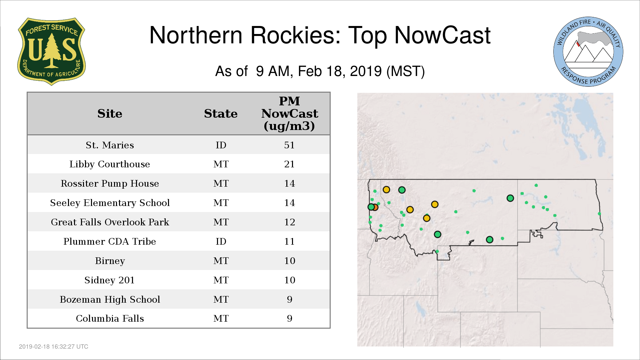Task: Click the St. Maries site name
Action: pyautogui.click(x=110, y=145)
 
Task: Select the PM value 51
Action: pyautogui.click(x=289, y=145)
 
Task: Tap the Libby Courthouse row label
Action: pyautogui.click(x=110, y=164)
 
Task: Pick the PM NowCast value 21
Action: pyautogui.click(x=289, y=164)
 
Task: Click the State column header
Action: pyautogui.click(x=221, y=114)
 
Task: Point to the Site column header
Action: pyautogui.click(x=110, y=114)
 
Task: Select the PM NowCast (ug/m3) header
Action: pyautogui.click(x=289, y=114)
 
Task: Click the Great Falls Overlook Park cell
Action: pyautogui.click(x=110, y=222)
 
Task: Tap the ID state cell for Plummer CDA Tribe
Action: pyautogui.click(x=221, y=241)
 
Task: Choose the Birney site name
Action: pyautogui.click(x=110, y=261)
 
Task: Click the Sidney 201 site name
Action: pyautogui.click(x=110, y=280)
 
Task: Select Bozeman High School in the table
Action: pyautogui.click(x=110, y=299)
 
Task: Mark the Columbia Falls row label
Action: pyautogui.click(x=110, y=318)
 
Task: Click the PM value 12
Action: pyautogui.click(x=289, y=222)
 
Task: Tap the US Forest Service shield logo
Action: pyautogui.click(x=51, y=52)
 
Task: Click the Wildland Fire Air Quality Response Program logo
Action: pyautogui.click(x=588, y=52)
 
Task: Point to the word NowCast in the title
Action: pyautogui.click(x=442, y=35)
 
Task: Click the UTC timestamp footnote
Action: pyautogui.click(x=54, y=347)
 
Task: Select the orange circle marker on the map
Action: pyautogui.click(x=375, y=207)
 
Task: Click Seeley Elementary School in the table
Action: pyautogui.click(x=110, y=203)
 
